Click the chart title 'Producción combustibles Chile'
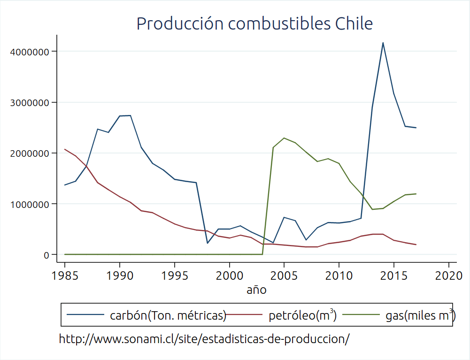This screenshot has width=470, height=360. coord(254,23)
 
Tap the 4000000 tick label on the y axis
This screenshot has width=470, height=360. coord(30,52)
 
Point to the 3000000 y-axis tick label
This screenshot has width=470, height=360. coord(30,102)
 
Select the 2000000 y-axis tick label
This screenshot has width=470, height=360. coord(30,153)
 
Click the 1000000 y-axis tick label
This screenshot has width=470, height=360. coord(30,204)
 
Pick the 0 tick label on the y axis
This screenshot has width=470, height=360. coord(46,255)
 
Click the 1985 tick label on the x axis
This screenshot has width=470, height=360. coord(65,275)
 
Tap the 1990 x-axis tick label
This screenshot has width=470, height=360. coord(120,275)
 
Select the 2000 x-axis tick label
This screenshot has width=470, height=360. coord(230,275)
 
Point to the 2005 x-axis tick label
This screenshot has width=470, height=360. coord(284,275)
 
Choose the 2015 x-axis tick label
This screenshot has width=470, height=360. coord(394,275)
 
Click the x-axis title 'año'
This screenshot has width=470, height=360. coord(256,290)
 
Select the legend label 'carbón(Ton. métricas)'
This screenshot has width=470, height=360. coord(168,316)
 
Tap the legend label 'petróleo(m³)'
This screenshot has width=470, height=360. coord(302,316)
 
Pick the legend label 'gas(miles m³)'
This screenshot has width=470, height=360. coord(419,316)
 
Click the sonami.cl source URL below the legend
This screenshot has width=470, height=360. coord(204,339)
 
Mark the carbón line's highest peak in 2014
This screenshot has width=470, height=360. coord(383,43)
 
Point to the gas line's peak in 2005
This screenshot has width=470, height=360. coord(284,138)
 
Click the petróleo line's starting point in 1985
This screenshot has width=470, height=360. coord(65,149)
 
